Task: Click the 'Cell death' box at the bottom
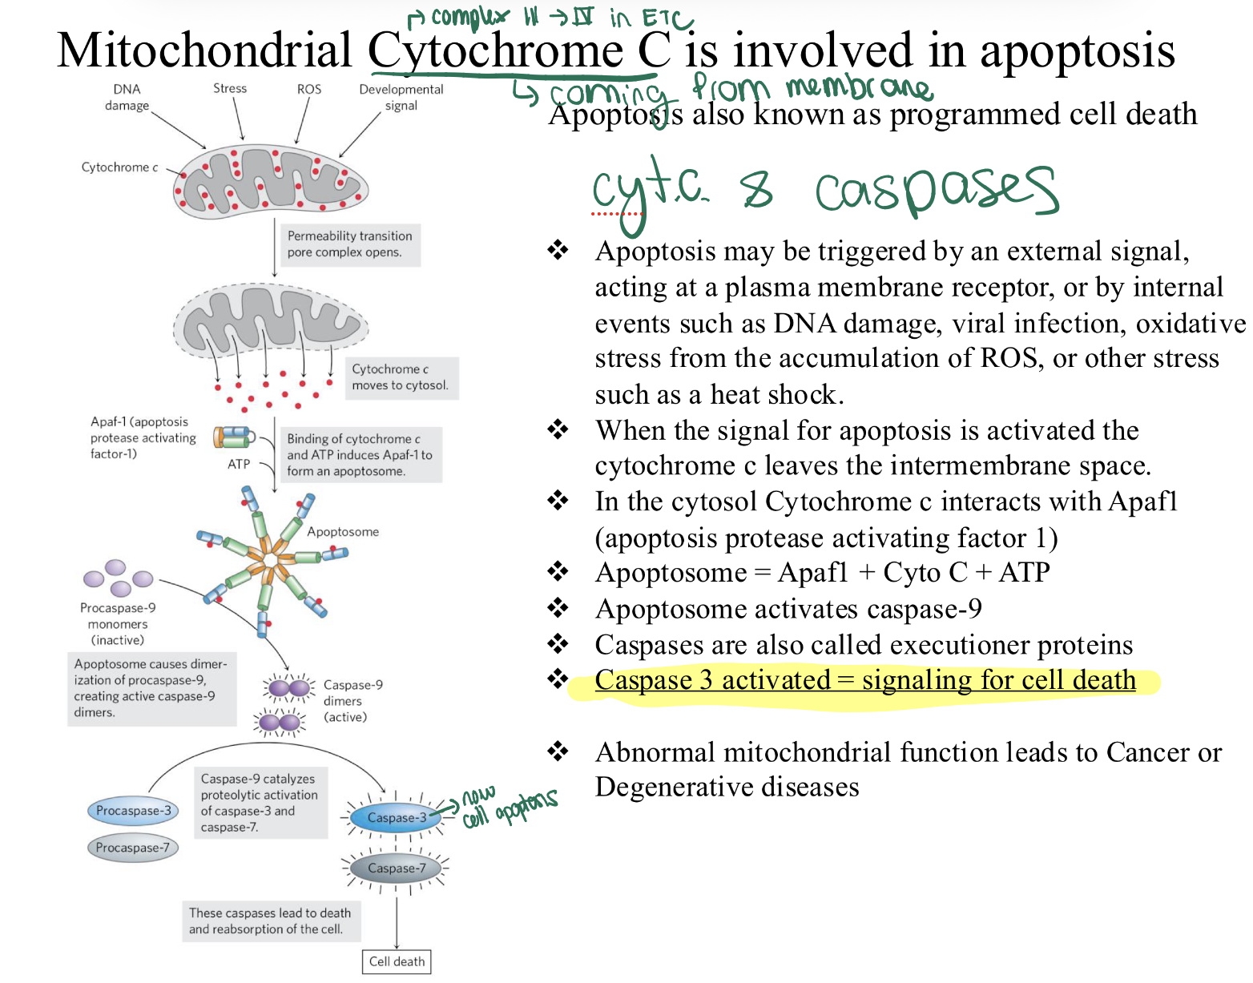click(397, 961)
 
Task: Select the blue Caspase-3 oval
click(396, 817)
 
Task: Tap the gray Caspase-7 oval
click(396, 868)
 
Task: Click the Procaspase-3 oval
click(133, 811)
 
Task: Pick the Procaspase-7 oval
click(132, 848)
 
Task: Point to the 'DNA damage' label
click(127, 97)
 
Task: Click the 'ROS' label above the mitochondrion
click(309, 89)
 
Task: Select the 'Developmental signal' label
click(401, 97)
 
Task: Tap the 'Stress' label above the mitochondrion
click(230, 88)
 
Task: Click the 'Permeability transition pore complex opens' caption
click(349, 244)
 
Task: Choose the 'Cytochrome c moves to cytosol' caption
click(400, 377)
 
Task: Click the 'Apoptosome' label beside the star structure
click(343, 532)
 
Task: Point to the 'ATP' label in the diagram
click(239, 464)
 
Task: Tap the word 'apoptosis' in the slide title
click(1077, 51)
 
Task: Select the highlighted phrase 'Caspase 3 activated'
click(712, 680)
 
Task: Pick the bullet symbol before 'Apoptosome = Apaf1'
click(558, 572)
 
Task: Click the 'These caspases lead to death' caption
click(270, 921)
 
